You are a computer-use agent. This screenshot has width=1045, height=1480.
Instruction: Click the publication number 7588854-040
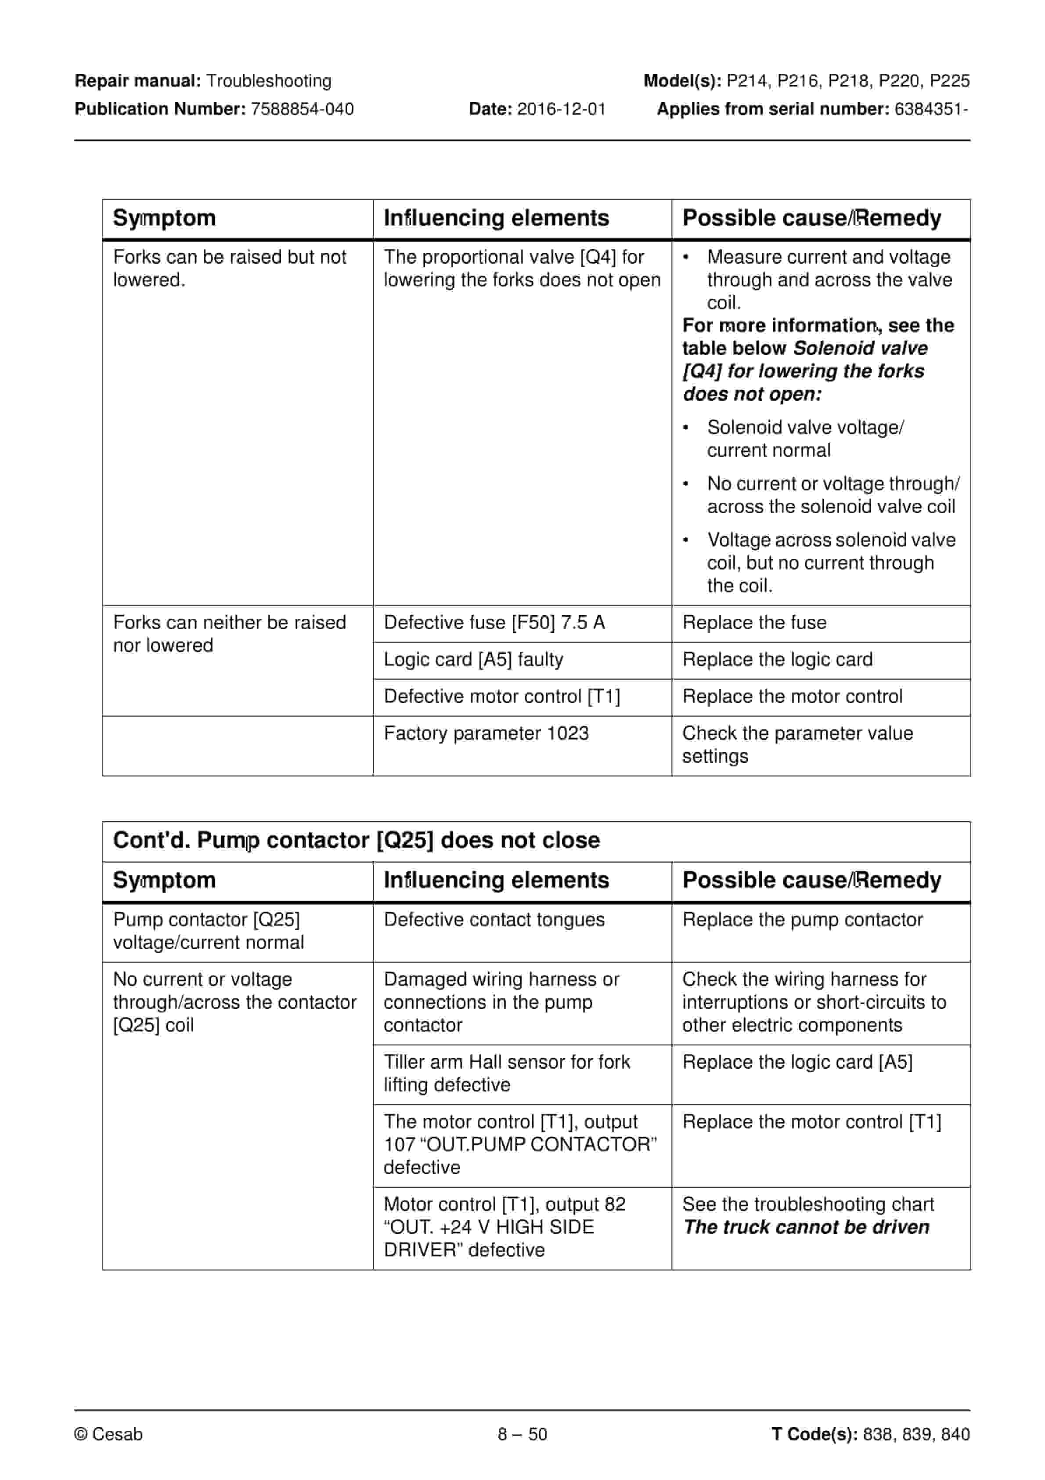click(x=302, y=109)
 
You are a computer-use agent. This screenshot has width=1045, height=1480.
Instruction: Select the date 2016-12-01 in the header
click(x=561, y=109)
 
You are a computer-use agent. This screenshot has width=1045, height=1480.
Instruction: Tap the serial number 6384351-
click(x=931, y=109)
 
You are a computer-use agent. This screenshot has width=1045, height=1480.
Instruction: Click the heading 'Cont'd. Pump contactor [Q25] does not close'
click(x=356, y=841)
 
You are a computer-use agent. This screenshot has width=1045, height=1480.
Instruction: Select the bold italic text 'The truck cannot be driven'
click(x=806, y=1227)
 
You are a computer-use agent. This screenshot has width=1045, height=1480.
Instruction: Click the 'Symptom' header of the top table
click(x=164, y=218)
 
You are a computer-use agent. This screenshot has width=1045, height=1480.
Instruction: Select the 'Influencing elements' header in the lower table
click(x=496, y=881)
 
